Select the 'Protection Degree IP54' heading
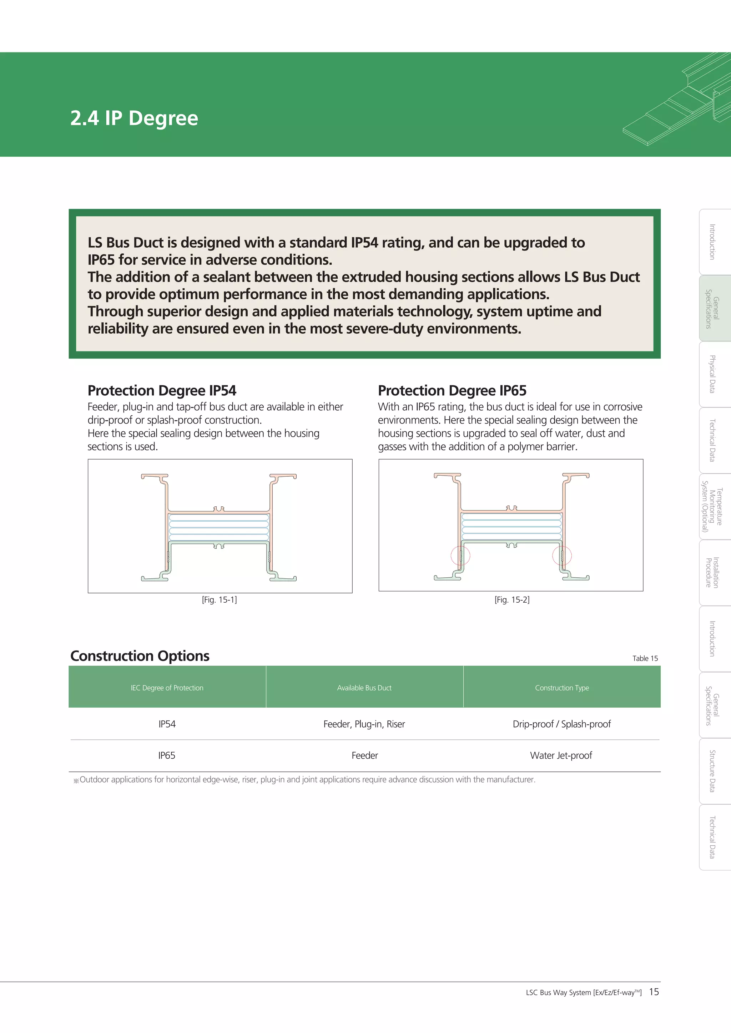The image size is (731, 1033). (x=162, y=390)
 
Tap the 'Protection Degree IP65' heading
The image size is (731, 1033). (x=452, y=390)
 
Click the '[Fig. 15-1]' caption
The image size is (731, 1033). (x=219, y=600)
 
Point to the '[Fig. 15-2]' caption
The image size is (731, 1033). (x=512, y=600)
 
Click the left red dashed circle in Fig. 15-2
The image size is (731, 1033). (x=460, y=556)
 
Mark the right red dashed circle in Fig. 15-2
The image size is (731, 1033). (x=562, y=556)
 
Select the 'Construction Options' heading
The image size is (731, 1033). (x=140, y=656)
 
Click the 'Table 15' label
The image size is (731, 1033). (x=645, y=658)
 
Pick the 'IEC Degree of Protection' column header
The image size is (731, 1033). (x=167, y=688)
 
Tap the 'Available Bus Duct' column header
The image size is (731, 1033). (x=364, y=688)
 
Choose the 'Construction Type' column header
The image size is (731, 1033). (x=562, y=688)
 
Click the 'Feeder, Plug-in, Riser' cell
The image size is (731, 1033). (x=364, y=724)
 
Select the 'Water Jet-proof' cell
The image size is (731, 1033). (x=561, y=755)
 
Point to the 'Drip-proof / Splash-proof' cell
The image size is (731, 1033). (x=562, y=724)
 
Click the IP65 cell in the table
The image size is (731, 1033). (x=167, y=755)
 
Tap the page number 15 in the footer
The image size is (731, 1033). (x=654, y=992)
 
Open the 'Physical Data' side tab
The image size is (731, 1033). (x=713, y=374)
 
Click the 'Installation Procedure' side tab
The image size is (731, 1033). (x=713, y=572)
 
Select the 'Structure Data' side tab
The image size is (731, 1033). (x=713, y=771)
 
